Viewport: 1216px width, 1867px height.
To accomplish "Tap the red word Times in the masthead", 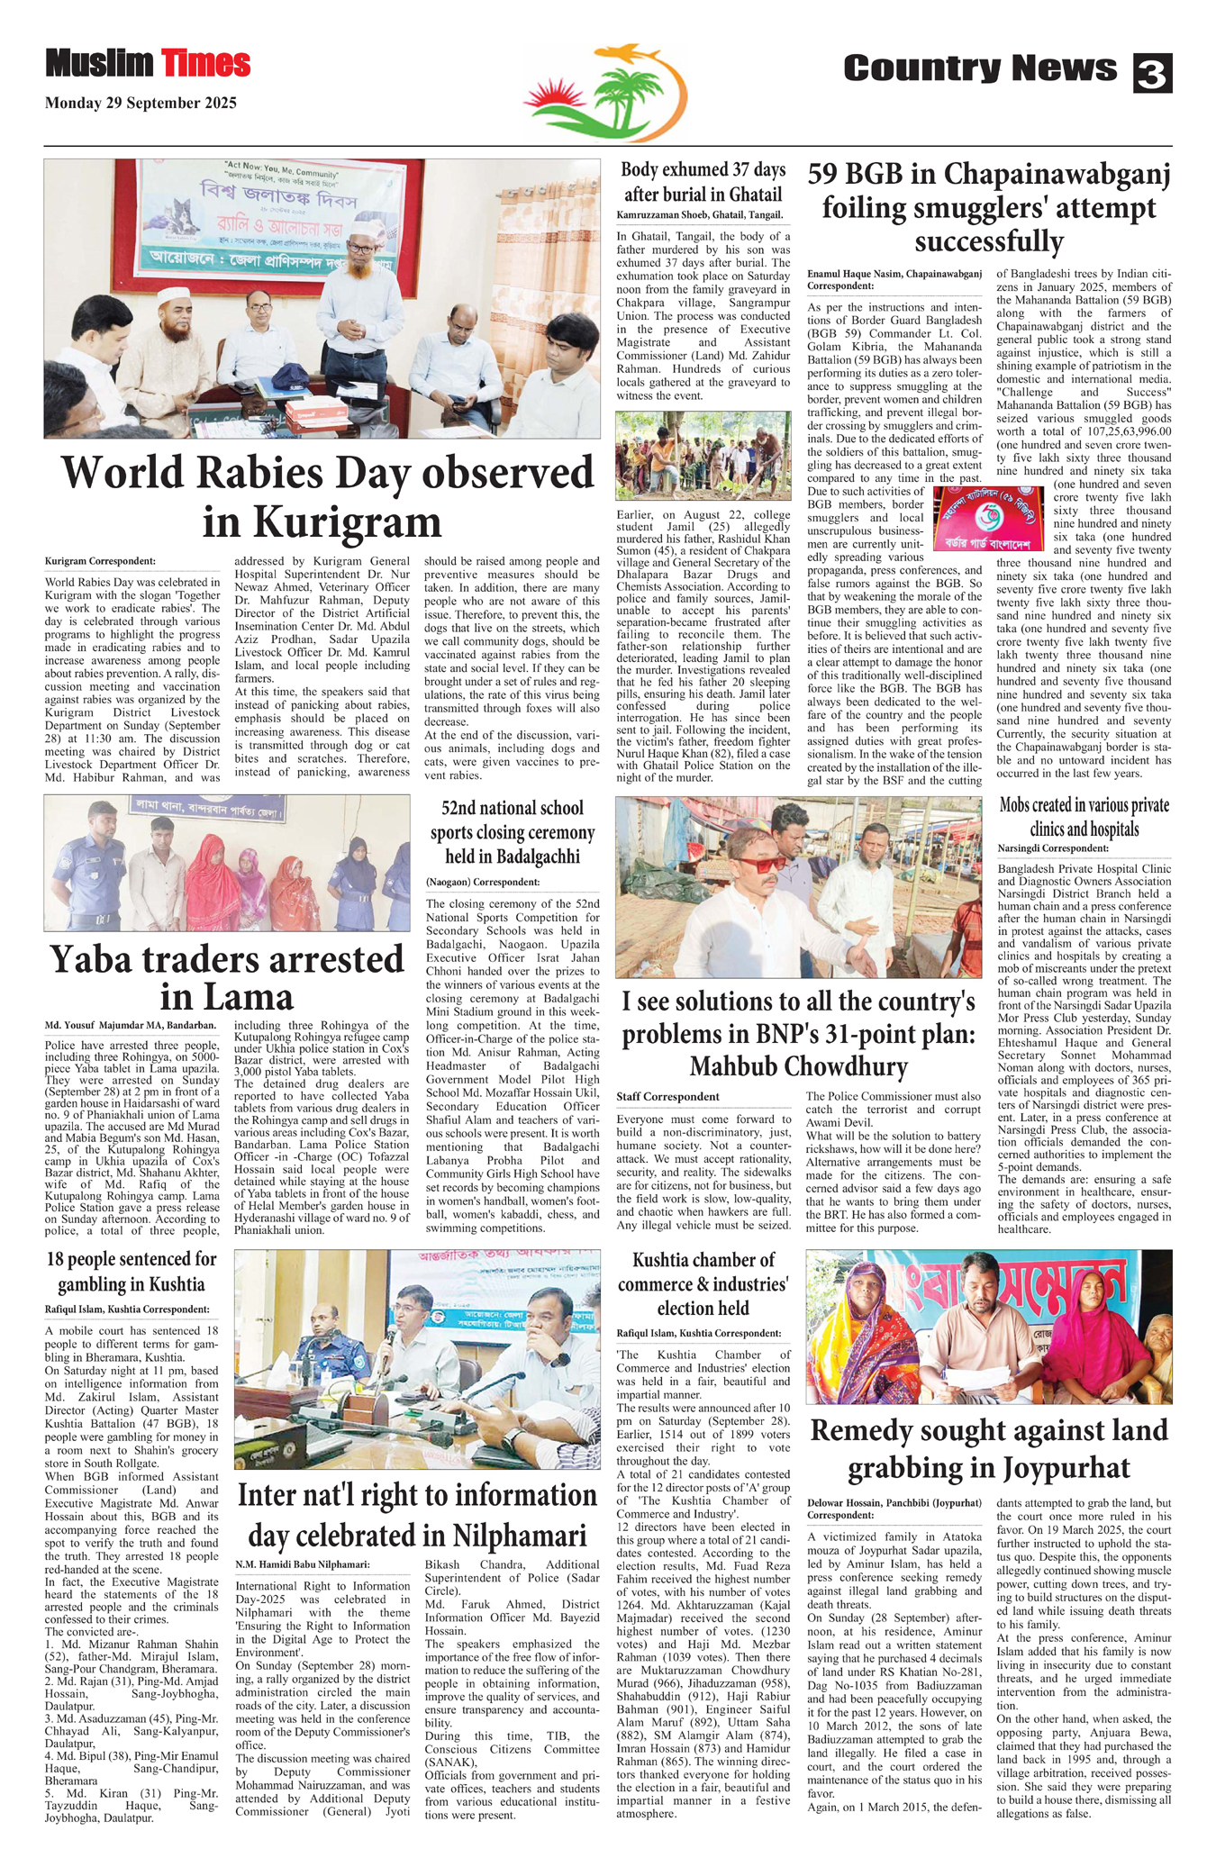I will (x=206, y=64).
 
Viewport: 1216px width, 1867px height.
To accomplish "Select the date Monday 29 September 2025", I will (x=141, y=104).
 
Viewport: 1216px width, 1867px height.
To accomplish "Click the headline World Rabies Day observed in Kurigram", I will (x=327, y=496).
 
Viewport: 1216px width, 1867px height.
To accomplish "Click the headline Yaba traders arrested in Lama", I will (x=227, y=977).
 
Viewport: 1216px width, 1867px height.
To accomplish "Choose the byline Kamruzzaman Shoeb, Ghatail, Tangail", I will (x=700, y=215).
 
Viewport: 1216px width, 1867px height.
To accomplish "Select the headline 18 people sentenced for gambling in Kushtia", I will (x=132, y=1271).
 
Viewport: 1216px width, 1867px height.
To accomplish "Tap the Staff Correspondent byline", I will (x=667, y=1096).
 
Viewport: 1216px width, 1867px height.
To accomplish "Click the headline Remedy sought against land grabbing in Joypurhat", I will (x=989, y=1448).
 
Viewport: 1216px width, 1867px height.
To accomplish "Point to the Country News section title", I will (x=979, y=68).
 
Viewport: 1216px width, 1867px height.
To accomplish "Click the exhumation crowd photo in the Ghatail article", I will (x=703, y=456).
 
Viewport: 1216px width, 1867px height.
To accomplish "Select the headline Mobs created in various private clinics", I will (x=1084, y=817).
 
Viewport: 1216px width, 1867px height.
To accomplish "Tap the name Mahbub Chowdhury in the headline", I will (x=798, y=1066).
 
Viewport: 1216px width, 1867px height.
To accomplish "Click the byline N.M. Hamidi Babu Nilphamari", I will (x=303, y=1564).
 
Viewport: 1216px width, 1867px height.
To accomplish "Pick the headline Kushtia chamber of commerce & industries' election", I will (x=703, y=1283).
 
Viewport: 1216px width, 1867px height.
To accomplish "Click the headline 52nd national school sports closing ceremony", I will (x=513, y=832).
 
